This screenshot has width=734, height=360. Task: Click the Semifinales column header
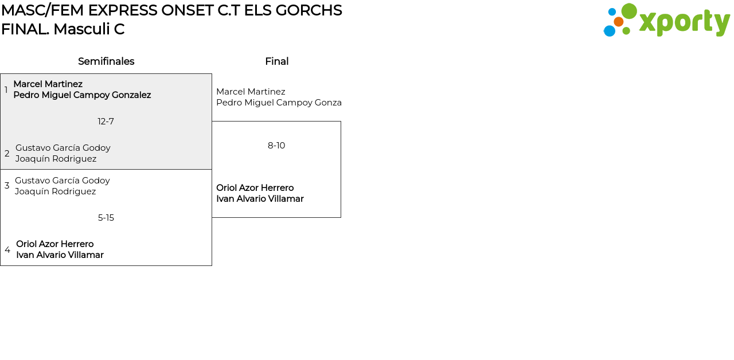106,61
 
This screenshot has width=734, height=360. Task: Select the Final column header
276,61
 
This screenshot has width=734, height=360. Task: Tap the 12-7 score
106,122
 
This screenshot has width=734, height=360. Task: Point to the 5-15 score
106,218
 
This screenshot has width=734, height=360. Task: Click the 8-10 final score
276,146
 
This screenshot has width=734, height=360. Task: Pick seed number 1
6,90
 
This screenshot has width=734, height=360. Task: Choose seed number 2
7,154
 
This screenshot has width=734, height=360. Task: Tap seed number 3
7,186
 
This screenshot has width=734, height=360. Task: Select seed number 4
7,250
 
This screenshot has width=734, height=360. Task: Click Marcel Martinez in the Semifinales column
48,84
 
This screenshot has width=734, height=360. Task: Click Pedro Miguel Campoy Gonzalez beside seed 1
82,95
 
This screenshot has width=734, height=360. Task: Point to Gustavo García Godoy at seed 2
63,148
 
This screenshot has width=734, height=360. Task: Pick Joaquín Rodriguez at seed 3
55,191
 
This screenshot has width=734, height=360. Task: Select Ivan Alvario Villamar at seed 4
60,255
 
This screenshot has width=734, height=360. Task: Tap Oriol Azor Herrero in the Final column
255,188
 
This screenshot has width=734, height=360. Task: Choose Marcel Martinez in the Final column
251,92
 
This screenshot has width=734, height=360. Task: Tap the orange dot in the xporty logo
619,22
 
